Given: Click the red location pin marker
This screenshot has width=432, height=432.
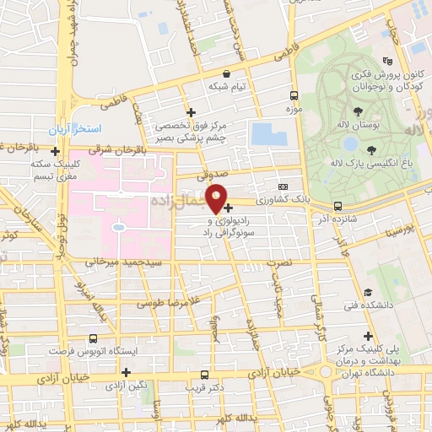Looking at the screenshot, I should click(x=217, y=198).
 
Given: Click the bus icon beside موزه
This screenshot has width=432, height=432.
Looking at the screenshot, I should click(x=294, y=96).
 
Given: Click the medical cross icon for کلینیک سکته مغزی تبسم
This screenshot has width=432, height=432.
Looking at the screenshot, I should click(x=55, y=152).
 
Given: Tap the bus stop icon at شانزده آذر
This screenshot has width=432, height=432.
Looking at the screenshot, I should click(x=337, y=205).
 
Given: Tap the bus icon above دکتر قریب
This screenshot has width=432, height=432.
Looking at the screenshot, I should click(x=204, y=374).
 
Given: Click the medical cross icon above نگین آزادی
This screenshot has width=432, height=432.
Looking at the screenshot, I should click(x=126, y=371).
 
